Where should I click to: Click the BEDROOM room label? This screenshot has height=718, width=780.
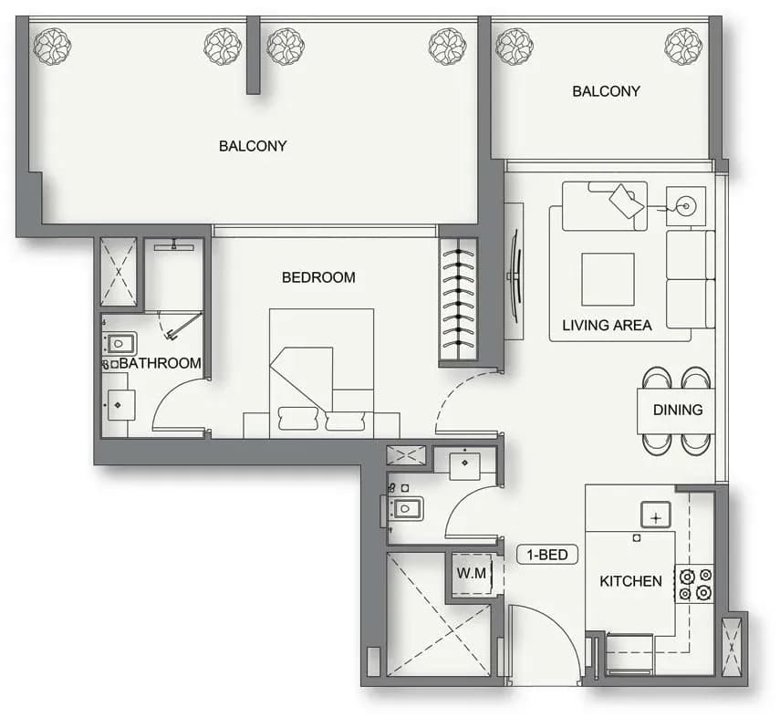pos(318,277)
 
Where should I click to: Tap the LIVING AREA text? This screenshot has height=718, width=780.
pos(607,325)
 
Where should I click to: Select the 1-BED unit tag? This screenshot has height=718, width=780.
pos(547,555)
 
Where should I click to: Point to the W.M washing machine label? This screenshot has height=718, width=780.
pos(471,573)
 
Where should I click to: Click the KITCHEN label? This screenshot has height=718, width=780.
pos(630,581)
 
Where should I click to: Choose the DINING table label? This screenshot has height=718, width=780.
pos(678,410)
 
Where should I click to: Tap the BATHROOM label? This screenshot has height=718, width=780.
pos(161,363)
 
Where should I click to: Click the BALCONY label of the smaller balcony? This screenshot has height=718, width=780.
pos(606,91)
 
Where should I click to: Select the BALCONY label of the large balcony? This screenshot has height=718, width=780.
pos(253,146)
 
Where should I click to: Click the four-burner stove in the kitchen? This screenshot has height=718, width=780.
pos(695,584)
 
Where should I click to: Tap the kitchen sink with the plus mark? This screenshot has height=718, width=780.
pos(656,515)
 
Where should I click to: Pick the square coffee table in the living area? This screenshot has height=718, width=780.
pos(608,279)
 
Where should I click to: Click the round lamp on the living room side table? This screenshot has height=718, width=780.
pos(686,206)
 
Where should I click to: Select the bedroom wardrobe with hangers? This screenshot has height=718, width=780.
pos(458,303)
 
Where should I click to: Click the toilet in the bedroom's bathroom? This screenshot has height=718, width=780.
pos(120,343)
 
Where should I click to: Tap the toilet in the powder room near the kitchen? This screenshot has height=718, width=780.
pos(405,508)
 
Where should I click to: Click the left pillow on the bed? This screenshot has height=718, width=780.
pos(297,419)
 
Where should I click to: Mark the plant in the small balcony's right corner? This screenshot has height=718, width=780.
pos(683,47)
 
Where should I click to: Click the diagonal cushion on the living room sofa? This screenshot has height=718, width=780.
pos(627,201)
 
